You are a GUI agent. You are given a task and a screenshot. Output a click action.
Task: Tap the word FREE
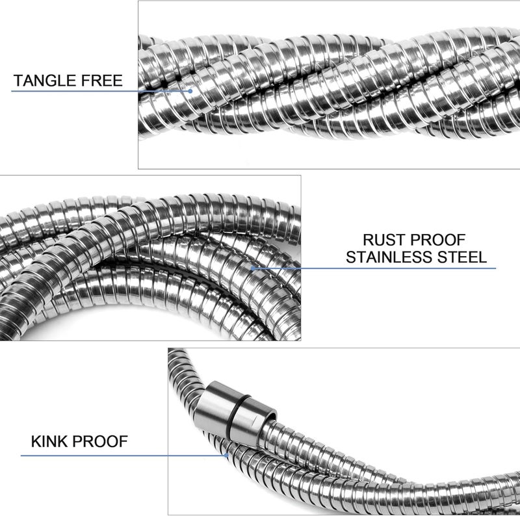[x=102, y=81]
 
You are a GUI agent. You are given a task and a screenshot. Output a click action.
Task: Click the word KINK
[x=49, y=442]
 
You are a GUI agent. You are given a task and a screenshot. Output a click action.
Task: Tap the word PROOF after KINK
[x=100, y=442]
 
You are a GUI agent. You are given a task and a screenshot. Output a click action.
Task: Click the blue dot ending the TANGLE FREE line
[x=190, y=91]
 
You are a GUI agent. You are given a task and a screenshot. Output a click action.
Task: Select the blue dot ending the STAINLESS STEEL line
[x=253, y=268]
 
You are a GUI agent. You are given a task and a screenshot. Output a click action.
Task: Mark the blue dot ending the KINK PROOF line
[x=226, y=456]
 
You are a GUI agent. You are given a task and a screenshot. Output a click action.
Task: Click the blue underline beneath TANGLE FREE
[x=101, y=91]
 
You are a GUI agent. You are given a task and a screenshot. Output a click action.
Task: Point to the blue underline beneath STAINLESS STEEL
[x=374, y=268]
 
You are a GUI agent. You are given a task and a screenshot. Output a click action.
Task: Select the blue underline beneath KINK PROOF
[x=123, y=456]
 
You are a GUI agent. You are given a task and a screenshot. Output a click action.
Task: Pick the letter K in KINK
[x=36, y=442]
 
